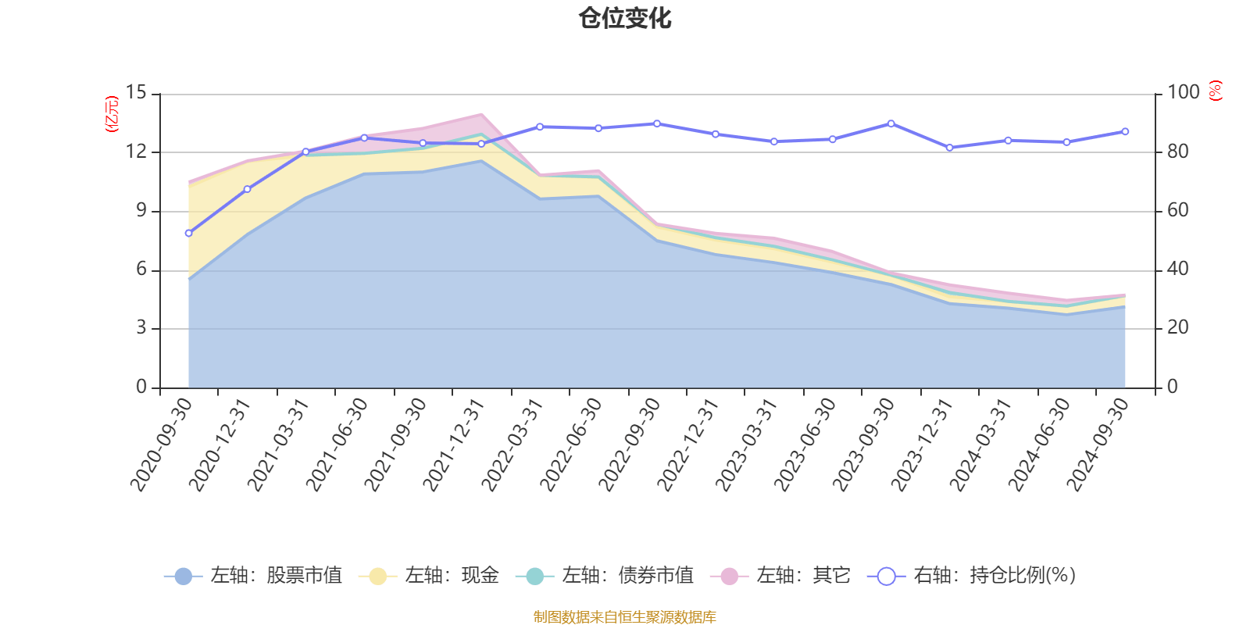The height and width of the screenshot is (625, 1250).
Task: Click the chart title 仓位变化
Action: [625, 18]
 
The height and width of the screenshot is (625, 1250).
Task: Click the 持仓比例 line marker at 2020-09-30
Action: [188, 233]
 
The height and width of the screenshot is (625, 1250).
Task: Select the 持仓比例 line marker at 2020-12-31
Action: [247, 189]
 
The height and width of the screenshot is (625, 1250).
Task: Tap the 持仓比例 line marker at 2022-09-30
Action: [656, 123]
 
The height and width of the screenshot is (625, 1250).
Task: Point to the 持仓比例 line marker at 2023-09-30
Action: [891, 123]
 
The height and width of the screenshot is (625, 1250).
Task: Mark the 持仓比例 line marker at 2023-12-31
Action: [949, 148]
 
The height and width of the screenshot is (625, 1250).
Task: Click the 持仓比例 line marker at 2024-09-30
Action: [1125, 131]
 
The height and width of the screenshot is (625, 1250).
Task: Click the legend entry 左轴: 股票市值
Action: [253, 576]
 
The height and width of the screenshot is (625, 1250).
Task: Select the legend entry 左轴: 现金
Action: [429, 576]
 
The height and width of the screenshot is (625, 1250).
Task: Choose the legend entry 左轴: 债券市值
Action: [605, 576]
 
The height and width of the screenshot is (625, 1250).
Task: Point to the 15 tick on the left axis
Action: [136, 93]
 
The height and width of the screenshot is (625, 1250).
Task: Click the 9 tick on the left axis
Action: [141, 210]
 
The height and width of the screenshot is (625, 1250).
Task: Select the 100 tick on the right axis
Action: [1183, 93]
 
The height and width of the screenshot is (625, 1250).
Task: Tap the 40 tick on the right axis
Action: [1177, 270]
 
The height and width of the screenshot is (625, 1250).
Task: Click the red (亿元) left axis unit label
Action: [112, 114]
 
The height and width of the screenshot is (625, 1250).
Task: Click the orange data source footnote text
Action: [624, 617]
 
